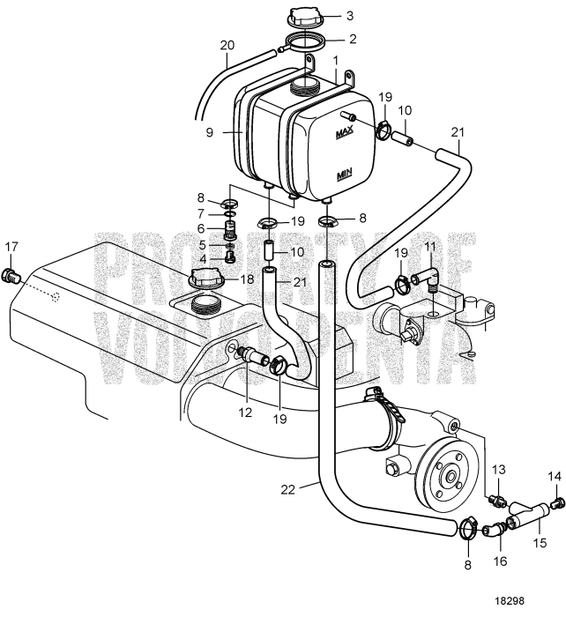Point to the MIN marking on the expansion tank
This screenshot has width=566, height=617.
345,175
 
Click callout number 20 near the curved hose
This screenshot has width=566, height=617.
227,44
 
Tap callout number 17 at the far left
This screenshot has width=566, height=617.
11,246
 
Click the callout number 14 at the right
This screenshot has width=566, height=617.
554,476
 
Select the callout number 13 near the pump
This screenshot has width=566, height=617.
496,469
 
